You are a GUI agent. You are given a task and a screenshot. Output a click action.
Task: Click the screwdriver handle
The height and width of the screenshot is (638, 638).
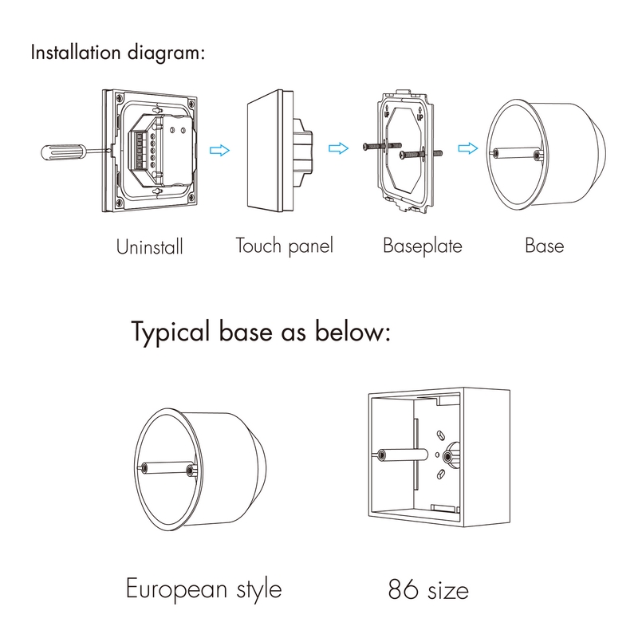click(63, 152)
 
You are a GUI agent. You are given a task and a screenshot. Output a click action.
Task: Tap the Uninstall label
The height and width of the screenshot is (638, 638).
click(150, 246)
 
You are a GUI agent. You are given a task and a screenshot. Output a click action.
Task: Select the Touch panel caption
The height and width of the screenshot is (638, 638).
click(285, 246)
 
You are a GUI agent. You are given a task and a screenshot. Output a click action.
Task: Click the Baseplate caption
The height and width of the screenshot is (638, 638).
click(423, 246)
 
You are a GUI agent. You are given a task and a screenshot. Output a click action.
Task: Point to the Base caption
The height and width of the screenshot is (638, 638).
click(545, 246)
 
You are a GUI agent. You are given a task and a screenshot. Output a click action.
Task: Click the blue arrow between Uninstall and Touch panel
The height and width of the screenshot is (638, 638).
click(220, 150)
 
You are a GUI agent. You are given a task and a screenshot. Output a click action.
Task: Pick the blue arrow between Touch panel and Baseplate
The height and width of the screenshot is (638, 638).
click(338, 148)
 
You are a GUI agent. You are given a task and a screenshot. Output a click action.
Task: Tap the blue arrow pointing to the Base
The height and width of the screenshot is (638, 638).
click(468, 148)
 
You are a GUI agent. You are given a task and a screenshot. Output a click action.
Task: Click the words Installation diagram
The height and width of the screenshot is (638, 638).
click(117, 53)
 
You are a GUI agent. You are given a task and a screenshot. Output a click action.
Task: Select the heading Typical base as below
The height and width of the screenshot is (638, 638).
click(261, 333)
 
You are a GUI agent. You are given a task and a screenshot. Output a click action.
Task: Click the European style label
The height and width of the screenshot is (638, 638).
click(203, 589)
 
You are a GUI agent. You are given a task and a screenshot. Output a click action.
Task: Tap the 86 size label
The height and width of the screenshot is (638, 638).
click(428, 589)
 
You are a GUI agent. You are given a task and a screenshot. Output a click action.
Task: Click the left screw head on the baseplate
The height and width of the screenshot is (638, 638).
click(367, 147)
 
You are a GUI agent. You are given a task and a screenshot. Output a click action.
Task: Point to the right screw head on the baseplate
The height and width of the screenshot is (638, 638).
click(403, 155)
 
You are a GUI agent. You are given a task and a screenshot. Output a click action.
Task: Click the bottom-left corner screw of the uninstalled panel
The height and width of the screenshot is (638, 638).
click(118, 203)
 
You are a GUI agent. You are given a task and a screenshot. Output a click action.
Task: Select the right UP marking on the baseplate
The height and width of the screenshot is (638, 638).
click(419, 114)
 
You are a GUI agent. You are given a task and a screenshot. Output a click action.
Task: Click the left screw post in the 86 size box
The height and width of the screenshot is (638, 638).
click(382, 455)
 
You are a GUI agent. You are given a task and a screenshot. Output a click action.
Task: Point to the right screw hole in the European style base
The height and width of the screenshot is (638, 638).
click(190, 471)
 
